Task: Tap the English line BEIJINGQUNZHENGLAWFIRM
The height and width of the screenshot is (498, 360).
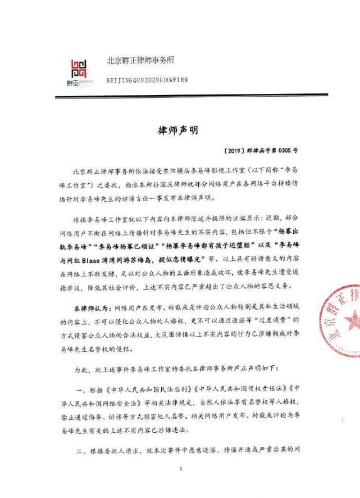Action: (x=147, y=80)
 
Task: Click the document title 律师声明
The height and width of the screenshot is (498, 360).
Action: (x=179, y=129)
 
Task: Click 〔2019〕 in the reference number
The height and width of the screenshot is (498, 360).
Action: (x=233, y=152)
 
